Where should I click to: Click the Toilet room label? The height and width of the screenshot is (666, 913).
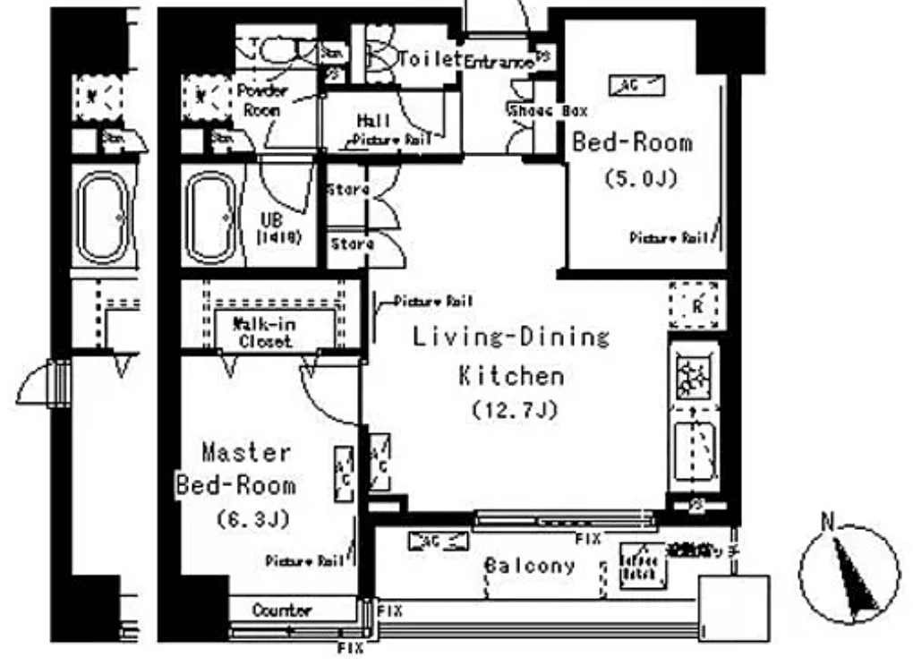pyautogui.click(x=430, y=59)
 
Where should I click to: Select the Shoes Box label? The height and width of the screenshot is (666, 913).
pyautogui.click(x=547, y=111)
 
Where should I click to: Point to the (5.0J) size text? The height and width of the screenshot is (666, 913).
pyautogui.click(x=639, y=177)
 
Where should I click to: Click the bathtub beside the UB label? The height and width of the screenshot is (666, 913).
pyautogui.click(x=212, y=216)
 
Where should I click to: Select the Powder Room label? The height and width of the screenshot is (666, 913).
pyautogui.click(x=260, y=100)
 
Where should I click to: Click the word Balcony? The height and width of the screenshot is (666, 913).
pyautogui.click(x=529, y=566)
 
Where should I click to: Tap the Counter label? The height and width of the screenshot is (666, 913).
pyautogui.click(x=282, y=610)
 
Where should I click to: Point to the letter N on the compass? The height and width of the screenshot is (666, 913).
pyautogui.click(x=830, y=522)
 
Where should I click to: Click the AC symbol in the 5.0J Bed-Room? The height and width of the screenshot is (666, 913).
pyautogui.click(x=636, y=85)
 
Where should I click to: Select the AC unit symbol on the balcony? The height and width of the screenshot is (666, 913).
pyautogui.click(x=438, y=541)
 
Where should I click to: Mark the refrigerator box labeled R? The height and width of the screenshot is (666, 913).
pyautogui.click(x=695, y=305)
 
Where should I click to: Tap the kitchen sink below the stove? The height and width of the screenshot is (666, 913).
pyautogui.click(x=694, y=447)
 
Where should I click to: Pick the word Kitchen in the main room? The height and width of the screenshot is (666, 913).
pyautogui.click(x=511, y=375)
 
